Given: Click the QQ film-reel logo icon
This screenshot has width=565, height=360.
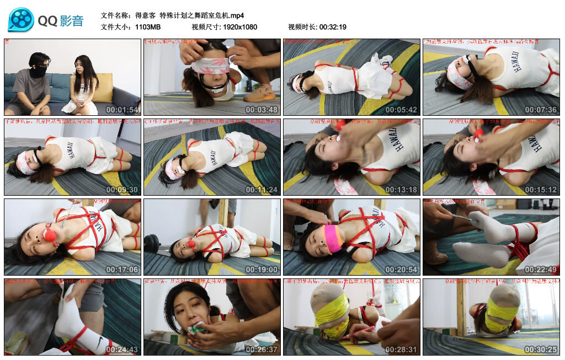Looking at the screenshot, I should tap(21, 20).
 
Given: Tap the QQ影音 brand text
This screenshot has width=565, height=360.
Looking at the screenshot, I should tap(61, 21).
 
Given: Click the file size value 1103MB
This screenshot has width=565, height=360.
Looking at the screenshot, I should tap(148, 27).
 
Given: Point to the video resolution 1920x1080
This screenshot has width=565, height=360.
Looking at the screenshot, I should tap(240, 27).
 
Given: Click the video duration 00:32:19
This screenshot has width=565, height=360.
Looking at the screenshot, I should tap(333, 27).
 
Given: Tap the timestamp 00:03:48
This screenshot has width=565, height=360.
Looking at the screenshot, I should tap(262, 110).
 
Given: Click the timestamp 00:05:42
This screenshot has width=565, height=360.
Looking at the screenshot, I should tap(402, 110).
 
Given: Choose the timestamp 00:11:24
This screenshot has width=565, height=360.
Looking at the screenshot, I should tap(262, 190).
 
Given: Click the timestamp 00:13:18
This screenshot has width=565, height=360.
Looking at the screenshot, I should tap(402, 190).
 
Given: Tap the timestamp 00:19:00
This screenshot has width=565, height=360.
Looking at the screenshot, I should tap(262, 270).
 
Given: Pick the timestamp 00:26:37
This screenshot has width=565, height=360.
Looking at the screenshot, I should tap(262, 350).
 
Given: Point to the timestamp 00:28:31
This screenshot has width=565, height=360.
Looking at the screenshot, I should tap(402, 350).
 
